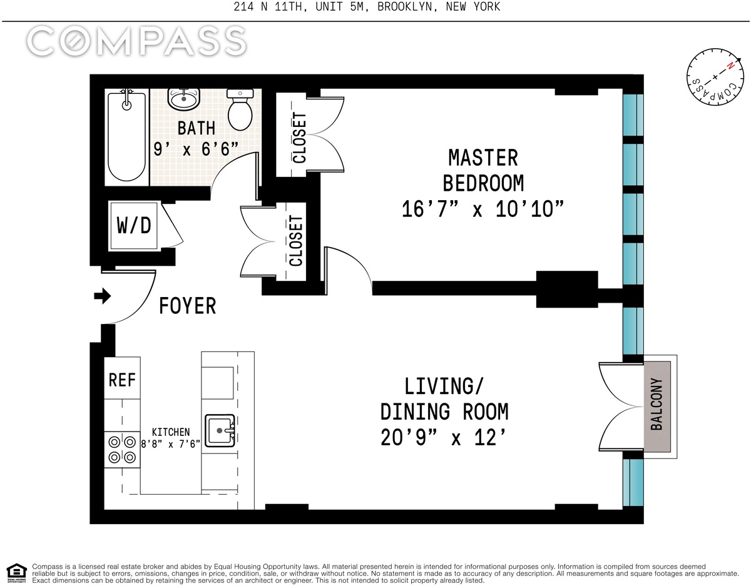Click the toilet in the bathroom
click(x=240, y=109)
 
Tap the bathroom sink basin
click(x=184, y=99)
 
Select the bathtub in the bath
click(x=127, y=135)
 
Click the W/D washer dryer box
click(x=134, y=226)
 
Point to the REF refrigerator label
click(x=122, y=380)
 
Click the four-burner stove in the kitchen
click(x=122, y=450)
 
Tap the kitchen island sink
click(x=220, y=431)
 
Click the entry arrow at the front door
click(x=102, y=296)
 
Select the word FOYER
click(x=188, y=306)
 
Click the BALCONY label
click(x=656, y=404)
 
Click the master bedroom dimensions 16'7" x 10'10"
click(x=483, y=208)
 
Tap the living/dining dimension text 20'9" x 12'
click(x=444, y=437)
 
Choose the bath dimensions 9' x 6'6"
click(x=196, y=149)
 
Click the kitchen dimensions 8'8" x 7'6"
click(x=171, y=443)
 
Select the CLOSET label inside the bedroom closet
click(x=299, y=138)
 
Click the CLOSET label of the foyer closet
click(x=296, y=241)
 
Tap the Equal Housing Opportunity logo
click(x=17, y=573)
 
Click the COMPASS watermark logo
click(x=136, y=41)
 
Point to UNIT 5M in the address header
click(x=339, y=6)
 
